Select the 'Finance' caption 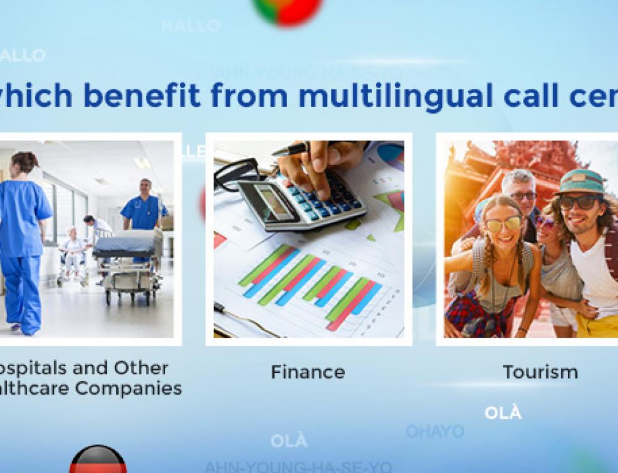click(307, 372)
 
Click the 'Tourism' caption click(540, 372)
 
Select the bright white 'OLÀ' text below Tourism click(502, 414)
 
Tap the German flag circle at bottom click(98, 460)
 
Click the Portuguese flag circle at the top click(287, 9)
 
